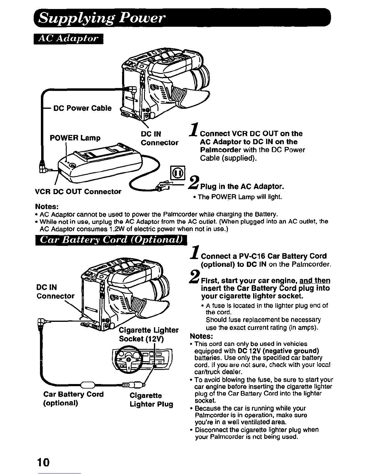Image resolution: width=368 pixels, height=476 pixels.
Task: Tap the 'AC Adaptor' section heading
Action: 69,39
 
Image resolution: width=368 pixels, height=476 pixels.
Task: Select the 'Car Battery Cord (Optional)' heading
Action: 111,240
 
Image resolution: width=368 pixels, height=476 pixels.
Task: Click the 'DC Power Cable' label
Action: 82,108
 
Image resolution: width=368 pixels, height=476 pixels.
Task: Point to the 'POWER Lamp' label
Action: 75,138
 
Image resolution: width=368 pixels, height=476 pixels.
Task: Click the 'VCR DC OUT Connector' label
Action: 78,191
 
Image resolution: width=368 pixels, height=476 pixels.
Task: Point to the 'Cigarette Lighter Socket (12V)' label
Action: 149,334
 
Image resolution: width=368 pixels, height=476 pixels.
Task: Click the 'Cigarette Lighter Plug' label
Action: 151,400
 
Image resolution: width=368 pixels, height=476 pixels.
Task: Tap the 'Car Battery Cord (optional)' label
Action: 73,398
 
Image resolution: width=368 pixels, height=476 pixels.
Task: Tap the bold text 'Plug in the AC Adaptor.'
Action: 242,187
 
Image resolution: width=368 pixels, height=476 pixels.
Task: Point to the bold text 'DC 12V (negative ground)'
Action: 278,351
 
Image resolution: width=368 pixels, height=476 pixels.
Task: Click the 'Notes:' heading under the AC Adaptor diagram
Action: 47,207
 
